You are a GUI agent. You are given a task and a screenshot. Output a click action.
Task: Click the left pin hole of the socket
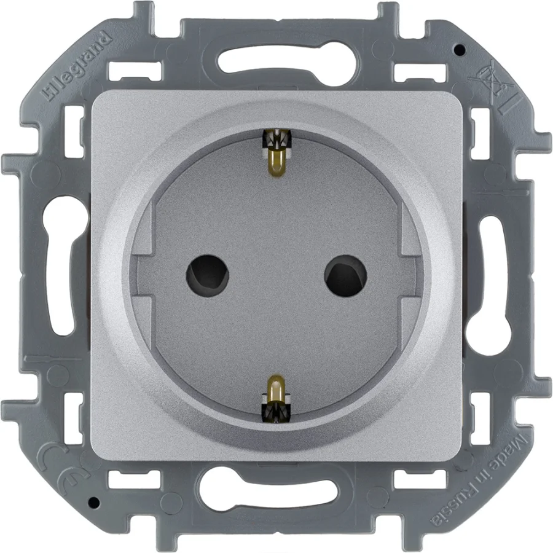(x=208, y=275)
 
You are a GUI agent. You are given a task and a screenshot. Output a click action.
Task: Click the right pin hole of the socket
(x=345, y=275)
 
